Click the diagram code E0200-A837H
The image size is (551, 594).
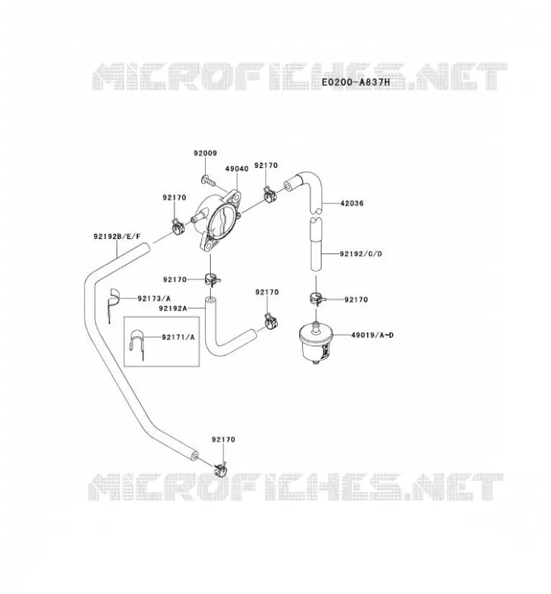[x=356, y=82]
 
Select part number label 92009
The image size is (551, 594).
[x=205, y=154]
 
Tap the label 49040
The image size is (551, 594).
[x=236, y=169]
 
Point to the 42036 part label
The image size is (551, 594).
[x=352, y=203]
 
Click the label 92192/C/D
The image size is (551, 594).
[x=361, y=254]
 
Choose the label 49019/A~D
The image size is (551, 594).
[x=372, y=336]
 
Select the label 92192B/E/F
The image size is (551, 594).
[x=117, y=237]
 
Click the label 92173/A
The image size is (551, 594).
[x=154, y=298]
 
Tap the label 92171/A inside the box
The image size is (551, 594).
[x=178, y=337]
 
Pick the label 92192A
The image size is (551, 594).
[x=173, y=308]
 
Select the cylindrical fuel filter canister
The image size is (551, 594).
[x=316, y=343]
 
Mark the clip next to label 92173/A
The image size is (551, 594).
[x=113, y=301]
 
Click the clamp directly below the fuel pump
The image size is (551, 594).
[x=212, y=280]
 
